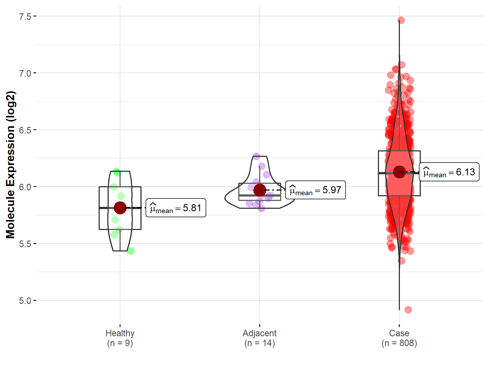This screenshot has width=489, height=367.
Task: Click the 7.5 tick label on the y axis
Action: pos(25,17)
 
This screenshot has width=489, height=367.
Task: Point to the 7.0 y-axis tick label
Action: pos(25,73)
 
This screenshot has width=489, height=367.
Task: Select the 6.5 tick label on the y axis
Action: pos(25,130)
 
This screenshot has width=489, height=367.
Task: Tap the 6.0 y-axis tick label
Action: pos(25,187)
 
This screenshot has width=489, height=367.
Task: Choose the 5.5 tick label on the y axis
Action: pos(25,244)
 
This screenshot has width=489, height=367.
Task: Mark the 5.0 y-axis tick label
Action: pos(25,301)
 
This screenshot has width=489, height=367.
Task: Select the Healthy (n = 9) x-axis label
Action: pos(120,338)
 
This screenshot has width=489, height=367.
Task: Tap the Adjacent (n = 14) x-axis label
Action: pos(259,338)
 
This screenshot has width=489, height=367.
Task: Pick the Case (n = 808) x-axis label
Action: pos(399,338)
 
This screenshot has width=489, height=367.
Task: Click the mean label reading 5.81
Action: pos(176,208)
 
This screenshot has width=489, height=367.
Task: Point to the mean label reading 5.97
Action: pos(315,190)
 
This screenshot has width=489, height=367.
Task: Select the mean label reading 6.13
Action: pos(449,172)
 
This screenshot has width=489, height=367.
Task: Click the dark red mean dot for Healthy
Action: pos(120,208)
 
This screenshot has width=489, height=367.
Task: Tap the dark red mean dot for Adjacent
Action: pos(260,190)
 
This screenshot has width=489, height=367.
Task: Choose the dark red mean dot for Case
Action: pos(399,172)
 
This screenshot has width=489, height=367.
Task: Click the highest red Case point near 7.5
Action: pos(401,20)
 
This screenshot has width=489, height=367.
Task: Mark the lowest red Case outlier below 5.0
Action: pos(408,310)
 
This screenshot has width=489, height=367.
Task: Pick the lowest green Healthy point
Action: pos(131,251)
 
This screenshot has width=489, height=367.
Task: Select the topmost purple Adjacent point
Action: pos(256,156)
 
